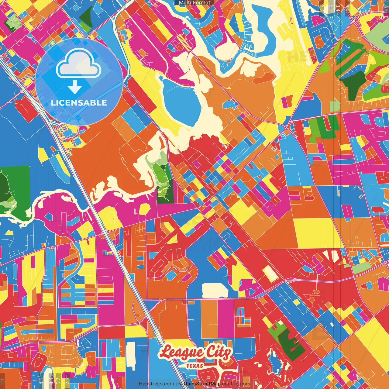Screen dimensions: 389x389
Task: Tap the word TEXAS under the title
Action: (195, 366)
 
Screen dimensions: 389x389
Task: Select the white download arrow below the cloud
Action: (75, 87)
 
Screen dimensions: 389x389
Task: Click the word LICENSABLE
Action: (79, 103)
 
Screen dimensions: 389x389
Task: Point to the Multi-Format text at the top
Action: (194, 3)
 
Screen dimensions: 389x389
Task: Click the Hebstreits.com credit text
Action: (156, 384)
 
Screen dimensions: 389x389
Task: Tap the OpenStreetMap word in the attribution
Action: (202, 384)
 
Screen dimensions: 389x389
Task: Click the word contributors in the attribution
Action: (236, 384)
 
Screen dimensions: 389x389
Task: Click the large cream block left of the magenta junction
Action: (215, 291)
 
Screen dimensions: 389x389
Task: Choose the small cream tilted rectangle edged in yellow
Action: (270, 274)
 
